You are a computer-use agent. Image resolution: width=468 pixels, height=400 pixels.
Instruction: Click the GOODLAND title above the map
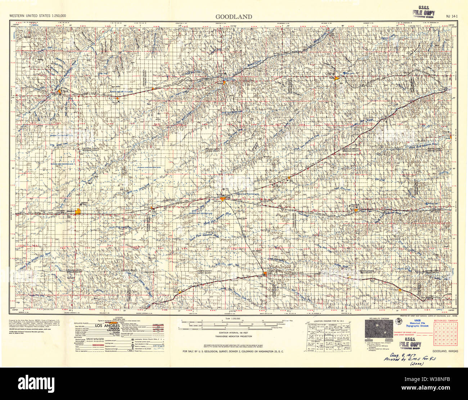tap(234, 17)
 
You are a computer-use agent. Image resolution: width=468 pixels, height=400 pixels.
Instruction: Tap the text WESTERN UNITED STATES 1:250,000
tap(37, 16)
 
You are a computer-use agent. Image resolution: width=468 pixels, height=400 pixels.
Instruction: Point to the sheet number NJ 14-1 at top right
tap(451, 16)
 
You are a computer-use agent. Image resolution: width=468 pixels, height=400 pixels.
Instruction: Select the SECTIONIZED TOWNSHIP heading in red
tap(446, 320)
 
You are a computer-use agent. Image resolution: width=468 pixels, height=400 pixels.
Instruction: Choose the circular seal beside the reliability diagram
tap(397, 322)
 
